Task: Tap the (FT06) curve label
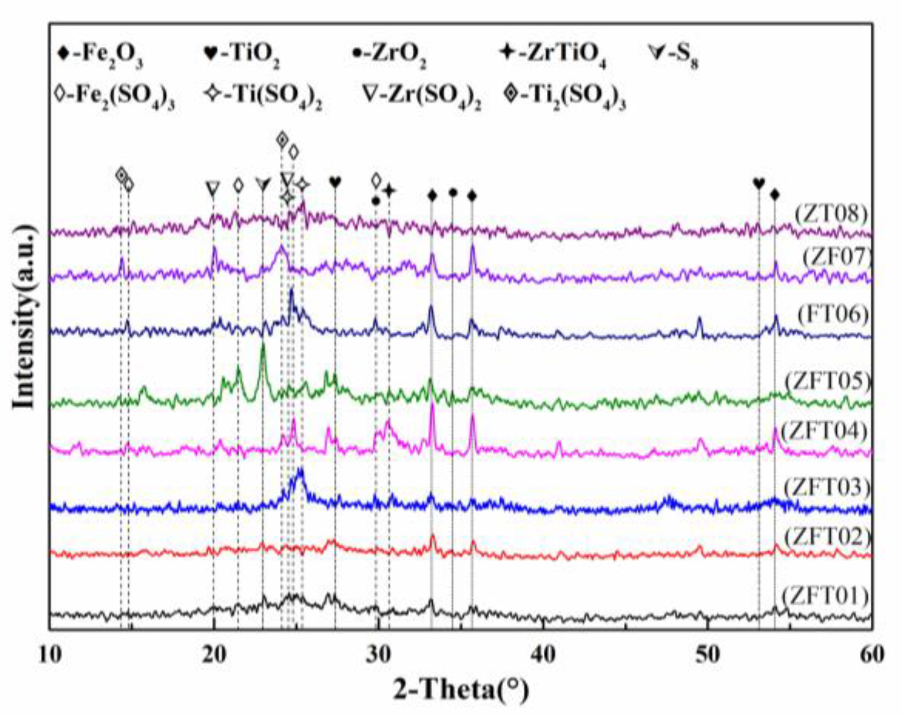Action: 832,314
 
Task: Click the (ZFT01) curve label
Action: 826,597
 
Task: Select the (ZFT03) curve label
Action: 827,487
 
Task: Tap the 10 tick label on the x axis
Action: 50,655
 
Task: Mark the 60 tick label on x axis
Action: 871,655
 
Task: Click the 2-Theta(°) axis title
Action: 460,690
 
